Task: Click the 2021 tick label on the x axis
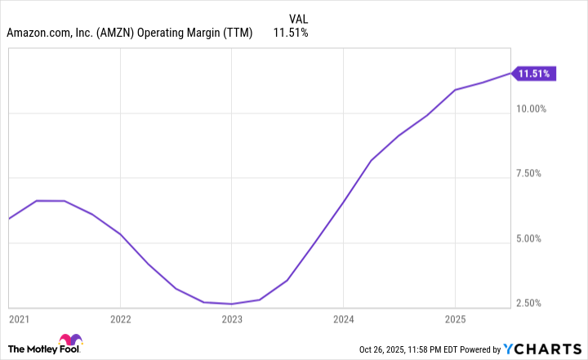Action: pyautogui.click(x=18, y=318)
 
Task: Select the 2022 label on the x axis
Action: pyautogui.click(x=121, y=318)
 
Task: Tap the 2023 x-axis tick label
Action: pyautogui.click(x=232, y=318)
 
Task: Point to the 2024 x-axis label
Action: pyautogui.click(x=343, y=318)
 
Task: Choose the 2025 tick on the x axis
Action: pyautogui.click(x=454, y=318)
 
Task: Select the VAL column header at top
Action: pyautogui.click(x=299, y=18)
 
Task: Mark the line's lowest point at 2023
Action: pyautogui.click(x=232, y=304)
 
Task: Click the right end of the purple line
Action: pyautogui.click(x=511, y=73)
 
